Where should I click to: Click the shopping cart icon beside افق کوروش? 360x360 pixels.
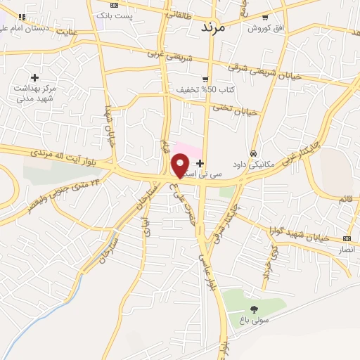point(265,18)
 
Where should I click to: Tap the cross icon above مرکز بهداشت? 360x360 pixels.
point(34,77)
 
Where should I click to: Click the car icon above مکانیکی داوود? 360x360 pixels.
point(252,153)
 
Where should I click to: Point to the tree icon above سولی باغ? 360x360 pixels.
point(253,309)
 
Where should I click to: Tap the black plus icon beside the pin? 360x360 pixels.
point(200,162)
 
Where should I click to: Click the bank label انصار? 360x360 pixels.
point(347,249)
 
